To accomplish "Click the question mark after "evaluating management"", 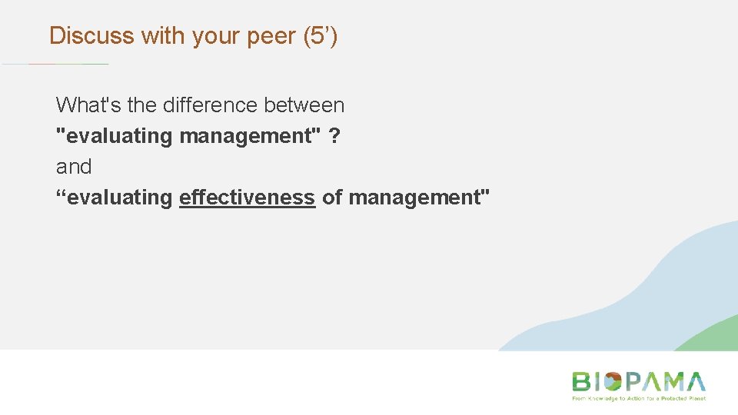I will (335, 136).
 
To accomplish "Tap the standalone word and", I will (74, 167).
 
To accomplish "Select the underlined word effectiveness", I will (247, 198).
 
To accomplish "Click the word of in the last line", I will (332, 198).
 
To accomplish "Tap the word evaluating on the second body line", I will (115, 136).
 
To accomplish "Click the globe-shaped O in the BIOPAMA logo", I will (612, 382).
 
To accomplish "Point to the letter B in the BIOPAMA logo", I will (581, 382).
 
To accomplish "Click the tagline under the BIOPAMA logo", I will (638, 399).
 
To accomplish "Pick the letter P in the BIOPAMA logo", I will (633, 382).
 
